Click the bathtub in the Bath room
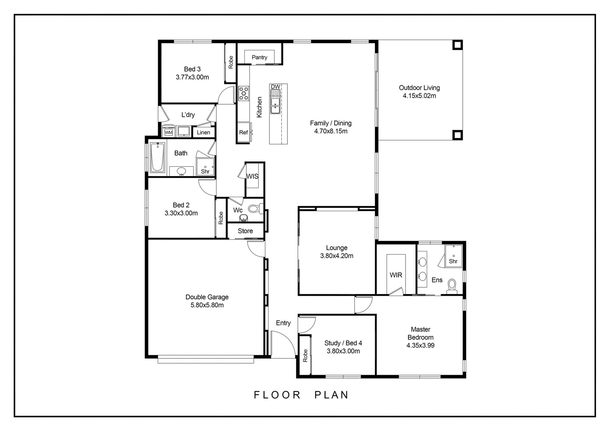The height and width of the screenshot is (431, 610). pos(157,157)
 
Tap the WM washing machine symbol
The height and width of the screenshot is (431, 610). pos(168,132)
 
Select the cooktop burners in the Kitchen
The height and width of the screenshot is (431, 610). pos(244,93)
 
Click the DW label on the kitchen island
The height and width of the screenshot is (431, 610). pos(275,87)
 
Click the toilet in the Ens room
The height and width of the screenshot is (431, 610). pos(452,286)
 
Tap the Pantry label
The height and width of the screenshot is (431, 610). pos(259,57)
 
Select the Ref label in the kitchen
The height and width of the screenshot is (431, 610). pos(244,132)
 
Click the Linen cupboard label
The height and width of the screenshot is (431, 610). pos(204,132)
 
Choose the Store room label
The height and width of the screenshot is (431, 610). pos(245,231)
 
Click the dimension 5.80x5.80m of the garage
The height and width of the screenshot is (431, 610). pos(207,305)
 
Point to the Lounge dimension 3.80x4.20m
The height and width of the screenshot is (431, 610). pos(337,256)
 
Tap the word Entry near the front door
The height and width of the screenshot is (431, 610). pos(283,323)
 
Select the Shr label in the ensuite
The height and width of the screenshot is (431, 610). pos(453,261)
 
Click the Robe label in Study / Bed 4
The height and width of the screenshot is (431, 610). pos(305,356)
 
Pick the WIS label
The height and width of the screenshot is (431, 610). pos(252,176)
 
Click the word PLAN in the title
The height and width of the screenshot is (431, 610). pos(331,395)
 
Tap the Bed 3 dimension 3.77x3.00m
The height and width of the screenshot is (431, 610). pos(192,77)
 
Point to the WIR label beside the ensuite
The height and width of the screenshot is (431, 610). pos(396,275)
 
